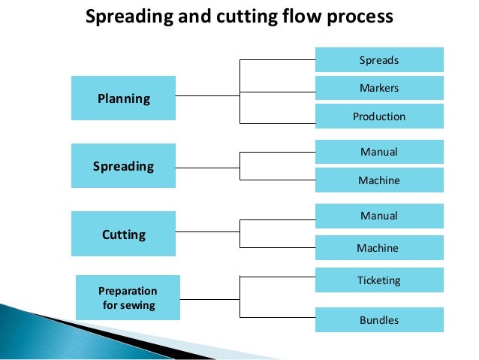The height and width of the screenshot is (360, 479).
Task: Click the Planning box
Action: pyautogui.click(x=123, y=98)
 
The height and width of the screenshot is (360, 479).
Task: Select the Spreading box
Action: pyautogui.click(x=123, y=165)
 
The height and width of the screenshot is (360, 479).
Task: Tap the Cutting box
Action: pyautogui.click(x=123, y=234)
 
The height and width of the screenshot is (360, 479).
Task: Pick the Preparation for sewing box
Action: pyautogui.click(x=128, y=298)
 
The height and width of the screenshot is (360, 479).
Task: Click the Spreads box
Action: pyautogui.click(x=379, y=59)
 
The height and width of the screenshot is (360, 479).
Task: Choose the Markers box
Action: pyautogui.click(x=379, y=88)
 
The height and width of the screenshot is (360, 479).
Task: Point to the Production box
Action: pyautogui.click(x=379, y=116)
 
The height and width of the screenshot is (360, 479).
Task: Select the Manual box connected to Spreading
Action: pyautogui.click(x=379, y=152)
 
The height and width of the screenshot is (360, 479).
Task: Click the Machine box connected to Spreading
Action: pyautogui.click(x=379, y=180)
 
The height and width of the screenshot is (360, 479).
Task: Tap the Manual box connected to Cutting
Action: pyautogui.click(x=379, y=216)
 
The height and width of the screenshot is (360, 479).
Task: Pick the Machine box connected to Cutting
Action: pyautogui.click(x=379, y=247)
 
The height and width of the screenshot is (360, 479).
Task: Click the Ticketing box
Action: pyautogui.click(x=379, y=280)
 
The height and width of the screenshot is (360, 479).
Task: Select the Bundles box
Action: pyautogui.click(x=379, y=320)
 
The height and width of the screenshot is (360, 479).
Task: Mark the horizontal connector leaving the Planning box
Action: pyautogui.click(x=207, y=96)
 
